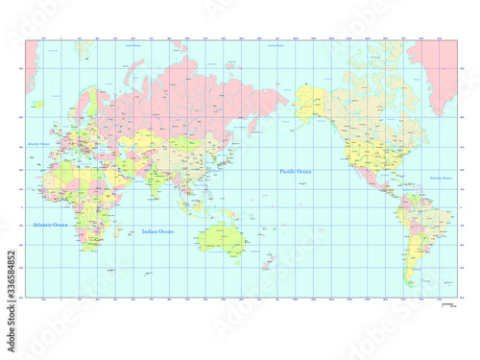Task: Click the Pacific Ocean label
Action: coord(297,171)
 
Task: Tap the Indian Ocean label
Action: coord(157,231)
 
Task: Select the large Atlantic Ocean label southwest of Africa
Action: coord(50,224)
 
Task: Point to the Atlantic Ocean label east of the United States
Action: coord(414,179)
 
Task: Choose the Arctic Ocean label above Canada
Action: coord(278,45)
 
